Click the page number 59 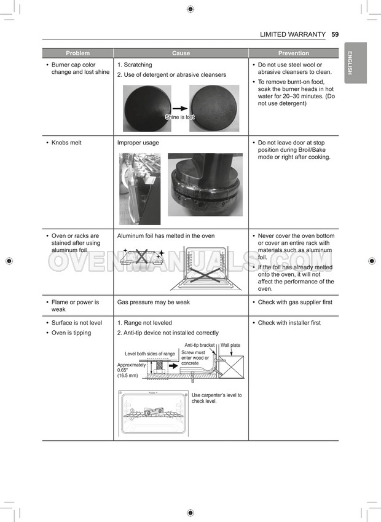tap(334, 34)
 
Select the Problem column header tap(77, 53)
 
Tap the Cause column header tap(181, 53)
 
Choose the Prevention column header tap(293, 53)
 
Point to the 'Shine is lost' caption tap(179, 117)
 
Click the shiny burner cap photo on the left tap(145, 108)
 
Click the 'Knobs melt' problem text tap(66, 143)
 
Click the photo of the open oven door tap(139, 189)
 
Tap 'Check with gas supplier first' tap(295, 303)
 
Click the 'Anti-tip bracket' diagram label tap(199, 346)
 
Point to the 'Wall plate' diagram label tap(230, 346)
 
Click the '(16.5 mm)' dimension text tap(128, 375)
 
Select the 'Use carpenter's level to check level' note tap(216, 398)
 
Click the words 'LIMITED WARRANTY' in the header tap(293, 34)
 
